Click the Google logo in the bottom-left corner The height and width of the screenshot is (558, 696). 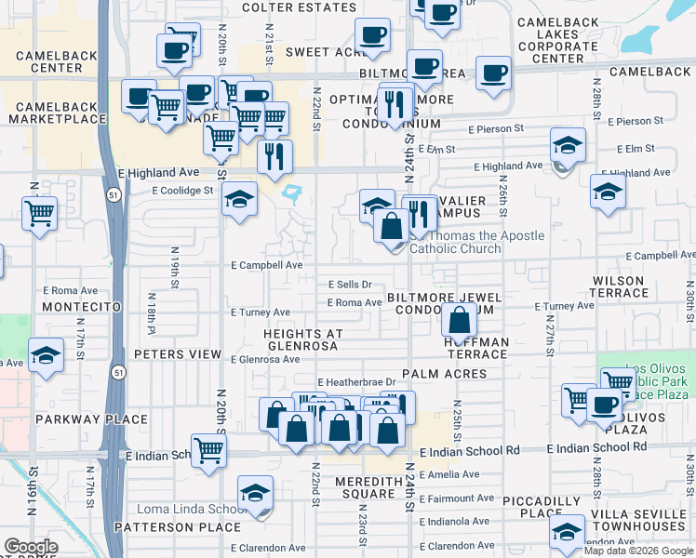click(31, 547)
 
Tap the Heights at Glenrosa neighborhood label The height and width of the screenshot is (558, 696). click(303, 339)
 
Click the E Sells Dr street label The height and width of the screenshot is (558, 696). click(350, 285)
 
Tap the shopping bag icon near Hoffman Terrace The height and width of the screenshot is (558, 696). click(460, 321)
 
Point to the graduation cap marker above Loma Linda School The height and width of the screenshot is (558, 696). click(255, 494)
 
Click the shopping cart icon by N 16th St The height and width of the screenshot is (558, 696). click(40, 213)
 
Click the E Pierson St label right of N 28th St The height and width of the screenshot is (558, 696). click(635, 121)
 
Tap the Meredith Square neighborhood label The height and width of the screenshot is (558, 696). click(369, 487)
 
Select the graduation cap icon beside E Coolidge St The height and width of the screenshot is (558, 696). click(239, 199)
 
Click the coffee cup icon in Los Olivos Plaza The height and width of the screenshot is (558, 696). click(604, 405)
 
